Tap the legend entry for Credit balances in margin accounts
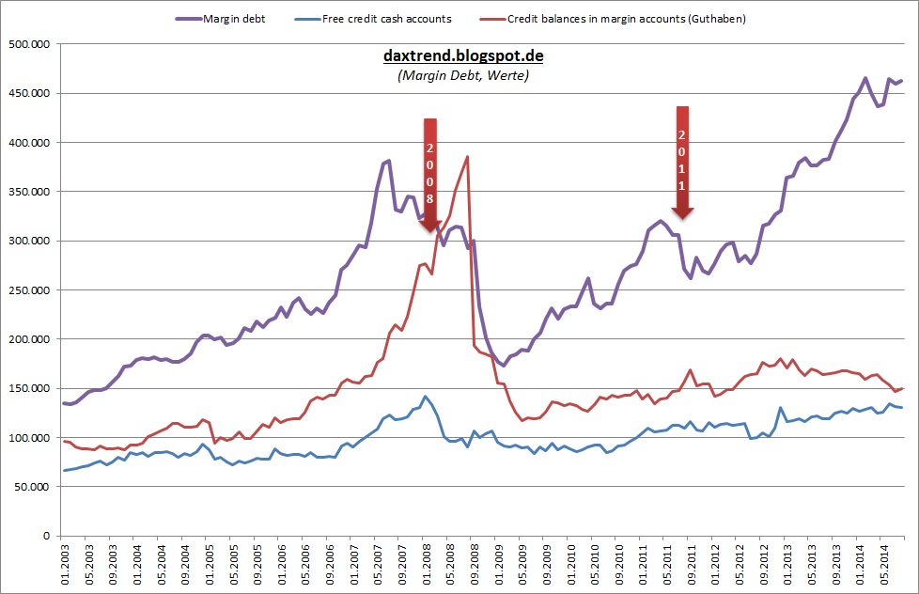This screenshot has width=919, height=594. click(626, 19)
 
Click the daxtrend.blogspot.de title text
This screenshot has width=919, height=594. click(463, 56)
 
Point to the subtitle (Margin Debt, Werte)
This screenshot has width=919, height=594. click(463, 75)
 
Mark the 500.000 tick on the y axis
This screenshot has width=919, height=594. click(31, 43)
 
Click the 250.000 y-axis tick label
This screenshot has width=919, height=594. click(31, 289)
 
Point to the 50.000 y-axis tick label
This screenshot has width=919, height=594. click(34, 486)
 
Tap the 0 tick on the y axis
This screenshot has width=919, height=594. click(48, 536)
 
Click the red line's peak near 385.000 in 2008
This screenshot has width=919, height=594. click(467, 157)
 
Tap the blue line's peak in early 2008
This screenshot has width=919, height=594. click(425, 396)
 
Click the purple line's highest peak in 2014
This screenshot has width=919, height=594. click(864, 78)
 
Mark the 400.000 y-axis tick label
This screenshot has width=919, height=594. click(31, 142)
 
